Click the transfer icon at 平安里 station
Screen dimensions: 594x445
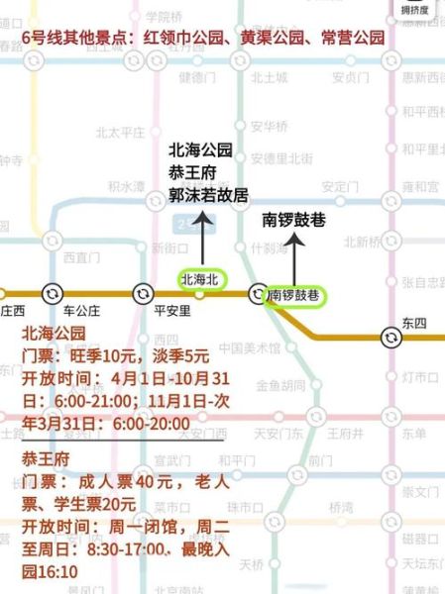[143, 293]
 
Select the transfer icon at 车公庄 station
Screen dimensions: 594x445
[52, 293]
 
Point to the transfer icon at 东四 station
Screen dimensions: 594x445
[392, 338]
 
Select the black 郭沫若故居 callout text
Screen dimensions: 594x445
[208, 195]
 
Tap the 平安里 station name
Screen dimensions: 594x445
[172, 310]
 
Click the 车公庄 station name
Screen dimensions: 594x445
[80, 310]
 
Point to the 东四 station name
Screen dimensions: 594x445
[412, 323]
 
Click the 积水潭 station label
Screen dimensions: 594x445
[126, 185]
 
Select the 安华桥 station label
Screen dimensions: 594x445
[269, 127]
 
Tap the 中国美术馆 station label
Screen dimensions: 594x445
[250, 347]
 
